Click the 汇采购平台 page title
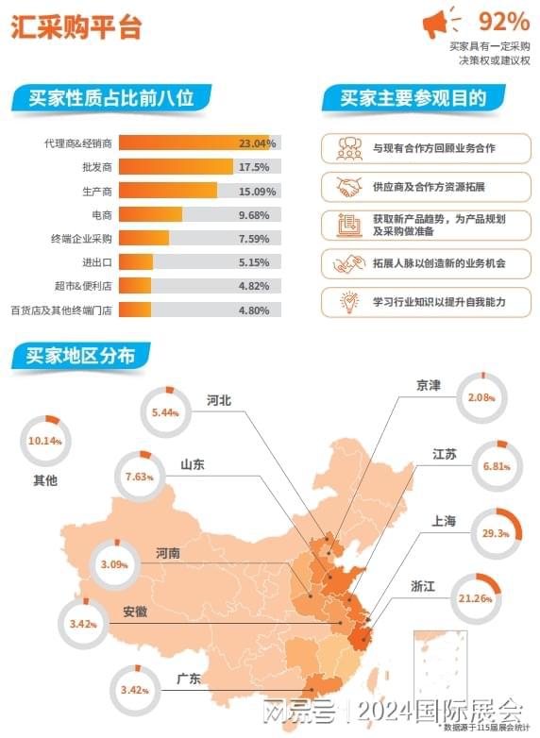[x=76, y=27]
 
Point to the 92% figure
[x=503, y=20]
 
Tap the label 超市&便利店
[x=84, y=285]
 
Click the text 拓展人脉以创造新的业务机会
[x=438, y=262]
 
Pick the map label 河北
[x=219, y=399]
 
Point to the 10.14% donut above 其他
[x=44, y=441]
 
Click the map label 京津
[x=429, y=385]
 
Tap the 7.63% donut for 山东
[x=138, y=477]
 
